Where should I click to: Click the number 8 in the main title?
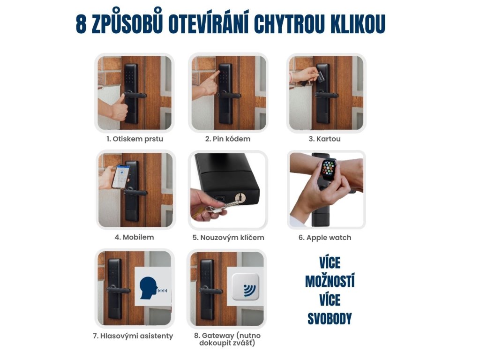(81, 23)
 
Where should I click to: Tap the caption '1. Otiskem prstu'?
(135, 139)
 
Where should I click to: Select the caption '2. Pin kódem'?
(228, 139)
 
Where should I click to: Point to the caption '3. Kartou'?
(324, 139)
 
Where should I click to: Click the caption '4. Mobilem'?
(135, 237)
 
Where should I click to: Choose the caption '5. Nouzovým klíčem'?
(228, 238)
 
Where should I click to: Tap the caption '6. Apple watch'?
(325, 238)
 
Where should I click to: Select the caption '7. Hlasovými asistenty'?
(133, 336)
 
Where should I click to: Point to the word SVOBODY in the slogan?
(330, 319)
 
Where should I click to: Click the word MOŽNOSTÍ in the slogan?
(330, 281)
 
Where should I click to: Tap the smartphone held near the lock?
(120, 177)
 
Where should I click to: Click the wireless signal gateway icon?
(246, 287)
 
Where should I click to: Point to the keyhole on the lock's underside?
(240, 197)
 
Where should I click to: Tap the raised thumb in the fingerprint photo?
(122, 99)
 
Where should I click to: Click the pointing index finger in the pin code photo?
(215, 76)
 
